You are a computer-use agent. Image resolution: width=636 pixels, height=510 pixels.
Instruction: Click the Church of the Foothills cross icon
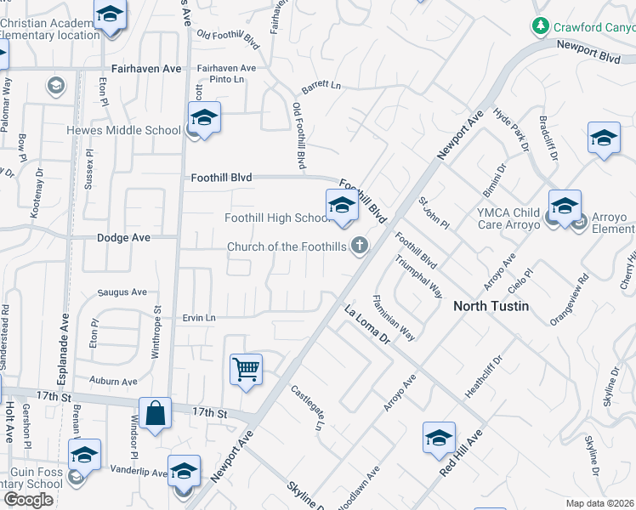pos(361,246)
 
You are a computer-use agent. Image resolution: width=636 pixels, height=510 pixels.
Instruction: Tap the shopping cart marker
pos(246,370)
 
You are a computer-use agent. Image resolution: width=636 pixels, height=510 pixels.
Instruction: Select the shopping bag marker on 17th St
pos(156,414)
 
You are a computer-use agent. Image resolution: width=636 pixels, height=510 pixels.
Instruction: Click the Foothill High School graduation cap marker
pos(341,205)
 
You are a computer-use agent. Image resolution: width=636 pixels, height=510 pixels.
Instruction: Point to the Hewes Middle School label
pos(124,131)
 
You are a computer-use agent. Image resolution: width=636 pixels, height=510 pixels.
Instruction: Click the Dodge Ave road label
pos(123,238)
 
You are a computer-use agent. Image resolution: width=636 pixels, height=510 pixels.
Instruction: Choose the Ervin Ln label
pos(199,318)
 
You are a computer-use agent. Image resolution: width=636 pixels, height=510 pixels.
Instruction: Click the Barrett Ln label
pos(321,87)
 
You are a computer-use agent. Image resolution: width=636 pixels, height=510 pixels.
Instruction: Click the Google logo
pos(27,499)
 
